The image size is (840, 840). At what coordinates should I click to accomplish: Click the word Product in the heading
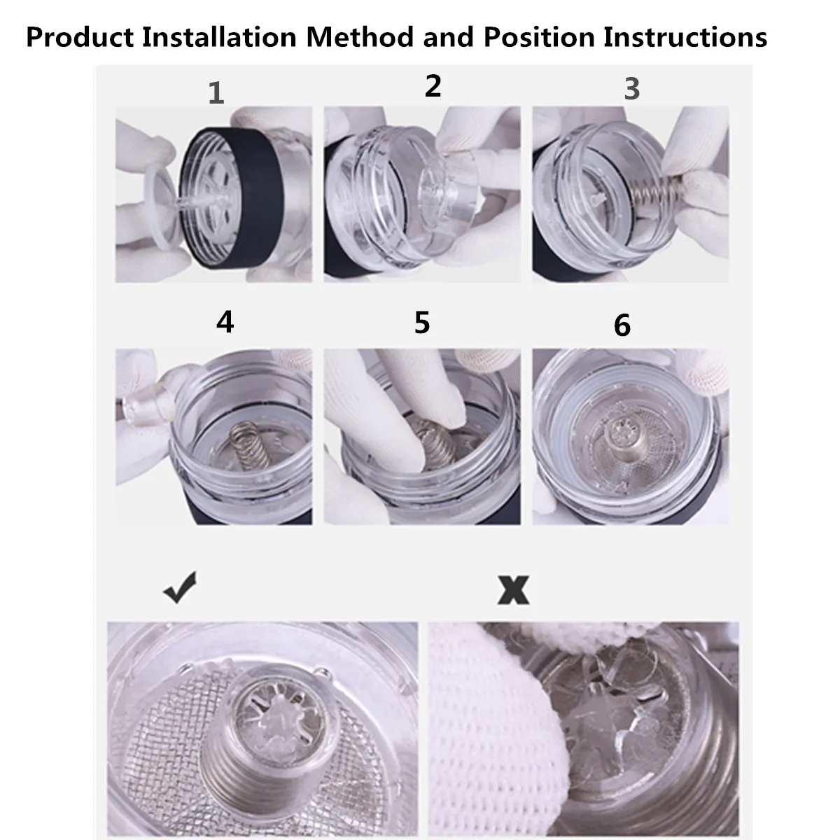[80, 38]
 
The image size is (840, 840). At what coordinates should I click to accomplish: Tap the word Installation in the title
[220, 38]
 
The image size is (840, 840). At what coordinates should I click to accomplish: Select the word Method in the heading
[360, 38]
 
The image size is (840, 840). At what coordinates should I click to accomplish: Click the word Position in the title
[539, 38]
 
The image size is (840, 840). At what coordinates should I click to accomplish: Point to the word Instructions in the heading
[686, 38]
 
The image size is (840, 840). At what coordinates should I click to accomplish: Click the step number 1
[216, 93]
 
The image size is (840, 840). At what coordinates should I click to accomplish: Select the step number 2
[433, 86]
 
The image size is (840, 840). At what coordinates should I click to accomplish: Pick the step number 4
[225, 322]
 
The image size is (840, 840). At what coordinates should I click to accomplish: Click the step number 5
[422, 323]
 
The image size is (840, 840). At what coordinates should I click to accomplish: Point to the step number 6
[622, 325]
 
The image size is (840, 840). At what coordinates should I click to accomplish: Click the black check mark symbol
[180, 587]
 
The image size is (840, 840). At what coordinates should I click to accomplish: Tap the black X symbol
[514, 590]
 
